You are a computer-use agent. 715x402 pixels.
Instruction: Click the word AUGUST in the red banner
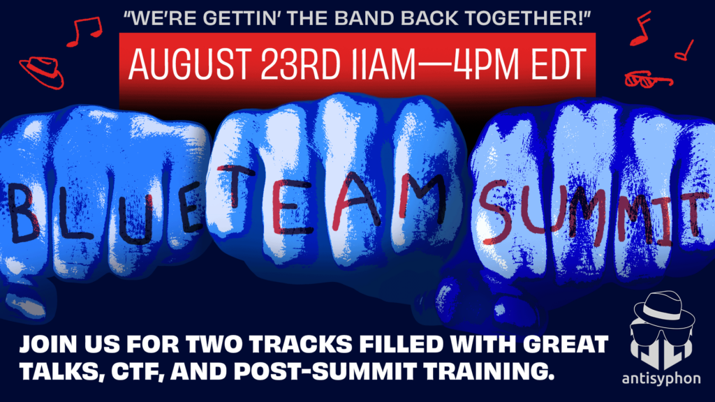[189, 64]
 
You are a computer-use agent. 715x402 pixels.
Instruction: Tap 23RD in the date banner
[300, 64]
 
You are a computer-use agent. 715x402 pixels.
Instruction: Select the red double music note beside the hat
[84, 31]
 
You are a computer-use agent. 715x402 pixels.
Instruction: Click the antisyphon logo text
[661, 378]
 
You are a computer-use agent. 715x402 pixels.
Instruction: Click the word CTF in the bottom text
[138, 371]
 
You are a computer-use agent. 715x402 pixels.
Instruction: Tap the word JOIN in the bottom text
[47, 345]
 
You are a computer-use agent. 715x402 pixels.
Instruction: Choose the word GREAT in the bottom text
[566, 345]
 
